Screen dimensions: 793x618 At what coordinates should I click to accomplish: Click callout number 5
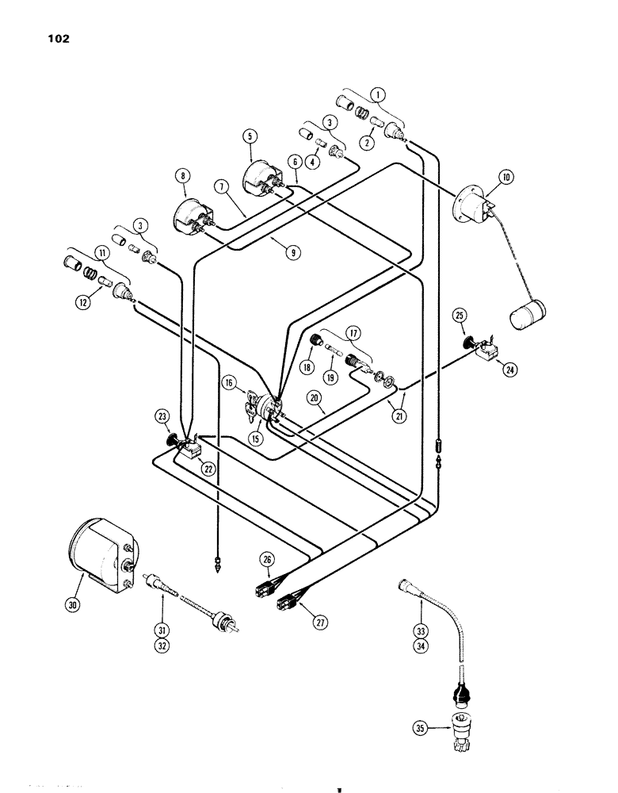point(250,136)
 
